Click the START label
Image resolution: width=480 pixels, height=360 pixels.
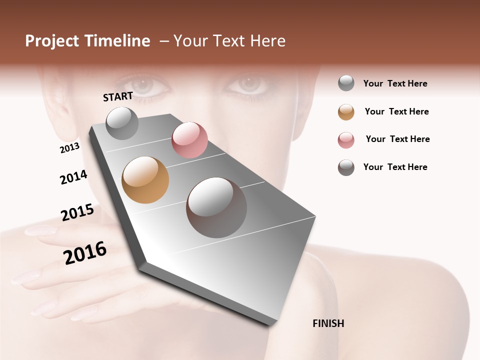pyautogui.click(x=118, y=96)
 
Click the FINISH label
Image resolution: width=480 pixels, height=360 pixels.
pyautogui.click(x=328, y=323)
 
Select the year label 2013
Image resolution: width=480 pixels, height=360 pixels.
pyautogui.click(x=69, y=148)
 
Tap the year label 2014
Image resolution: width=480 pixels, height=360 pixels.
pyautogui.click(x=73, y=177)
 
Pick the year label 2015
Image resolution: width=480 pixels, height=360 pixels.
pyautogui.click(x=77, y=212)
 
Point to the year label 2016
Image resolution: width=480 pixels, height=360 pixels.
pyautogui.click(x=85, y=253)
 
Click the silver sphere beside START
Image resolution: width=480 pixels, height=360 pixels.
pyautogui.click(x=122, y=123)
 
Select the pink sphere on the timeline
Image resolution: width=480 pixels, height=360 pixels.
pyautogui.click(x=189, y=139)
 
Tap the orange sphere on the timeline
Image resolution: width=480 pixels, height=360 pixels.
pyautogui.click(x=145, y=180)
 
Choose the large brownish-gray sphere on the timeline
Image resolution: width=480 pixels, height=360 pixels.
pyautogui.click(x=216, y=207)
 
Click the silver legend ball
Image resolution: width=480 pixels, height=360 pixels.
pyautogui.click(x=346, y=83)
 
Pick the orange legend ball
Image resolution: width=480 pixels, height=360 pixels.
pyautogui.click(x=346, y=112)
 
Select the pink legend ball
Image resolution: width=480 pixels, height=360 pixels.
pyautogui.click(x=346, y=140)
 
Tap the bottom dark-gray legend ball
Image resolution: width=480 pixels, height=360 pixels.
pyautogui.click(x=346, y=167)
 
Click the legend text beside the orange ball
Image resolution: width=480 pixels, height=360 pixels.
pyautogui.click(x=396, y=111)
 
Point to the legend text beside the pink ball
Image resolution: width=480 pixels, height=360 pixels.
pyautogui.click(x=397, y=139)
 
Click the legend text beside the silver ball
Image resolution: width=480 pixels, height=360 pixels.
pyautogui.click(x=395, y=83)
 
